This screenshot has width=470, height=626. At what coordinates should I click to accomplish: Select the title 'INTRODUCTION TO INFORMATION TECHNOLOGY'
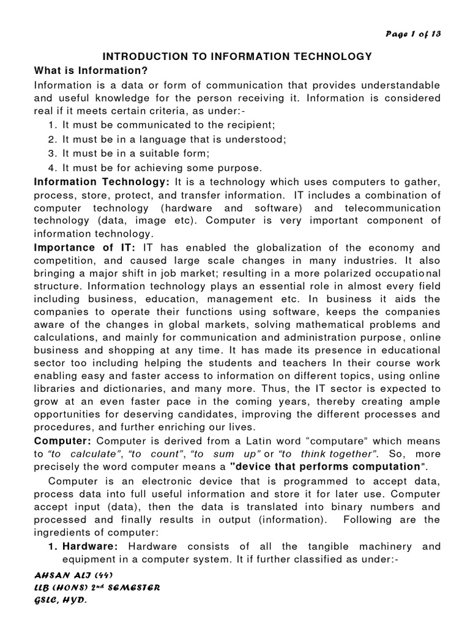236,56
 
